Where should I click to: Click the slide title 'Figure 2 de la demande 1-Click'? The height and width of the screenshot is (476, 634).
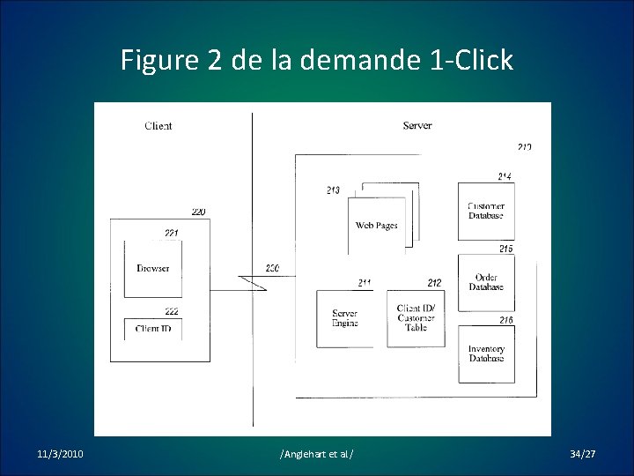pyautogui.click(x=316, y=61)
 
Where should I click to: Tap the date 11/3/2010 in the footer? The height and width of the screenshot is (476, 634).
pyautogui.click(x=61, y=454)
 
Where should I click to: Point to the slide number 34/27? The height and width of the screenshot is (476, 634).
pyautogui.click(x=582, y=454)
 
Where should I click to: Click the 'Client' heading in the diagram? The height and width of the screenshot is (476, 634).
pyautogui.click(x=158, y=126)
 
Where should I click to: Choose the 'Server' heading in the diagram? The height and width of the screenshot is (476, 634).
pyautogui.click(x=417, y=126)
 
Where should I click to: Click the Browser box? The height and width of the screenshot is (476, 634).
pyautogui.click(x=153, y=268)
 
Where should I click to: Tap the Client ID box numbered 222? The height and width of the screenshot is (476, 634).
pyautogui.click(x=153, y=329)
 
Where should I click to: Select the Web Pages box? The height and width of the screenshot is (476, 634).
pyautogui.click(x=376, y=226)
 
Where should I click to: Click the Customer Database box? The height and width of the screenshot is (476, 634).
pyautogui.click(x=486, y=212)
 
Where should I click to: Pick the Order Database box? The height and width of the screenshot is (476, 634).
pyautogui.click(x=486, y=282)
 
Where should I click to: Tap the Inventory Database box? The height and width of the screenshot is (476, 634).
pyautogui.click(x=486, y=353)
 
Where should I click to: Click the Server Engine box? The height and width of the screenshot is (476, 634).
pyautogui.click(x=345, y=318)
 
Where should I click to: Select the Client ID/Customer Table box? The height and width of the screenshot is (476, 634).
pyautogui.click(x=417, y=317)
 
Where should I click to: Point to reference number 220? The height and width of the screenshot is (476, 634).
pyautogui.click(x=198, y=212)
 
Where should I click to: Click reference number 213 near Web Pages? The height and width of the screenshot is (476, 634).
pyautogui.click(x=333, y=190)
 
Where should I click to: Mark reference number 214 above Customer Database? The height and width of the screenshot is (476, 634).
pyautogui.click(x=505, y=177)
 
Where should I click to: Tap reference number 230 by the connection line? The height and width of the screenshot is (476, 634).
pyautogui.click(x=272, y=268)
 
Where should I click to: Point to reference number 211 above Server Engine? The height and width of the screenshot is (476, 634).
pyautogui.click(x=365, y=283)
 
